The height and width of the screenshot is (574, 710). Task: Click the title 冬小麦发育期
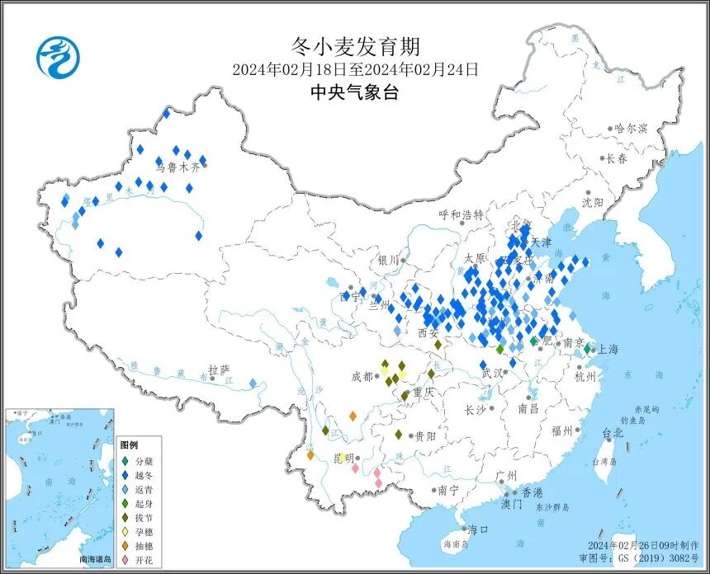tap(355, 45)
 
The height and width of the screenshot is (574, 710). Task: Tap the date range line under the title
tap(355, 69)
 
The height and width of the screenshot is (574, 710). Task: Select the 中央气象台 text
tap(355, 92)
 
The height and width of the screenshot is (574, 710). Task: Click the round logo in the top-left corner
tap(58, 59)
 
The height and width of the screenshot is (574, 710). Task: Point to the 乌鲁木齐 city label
tap(178, 166)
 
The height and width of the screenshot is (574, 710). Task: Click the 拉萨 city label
tap(218, 370)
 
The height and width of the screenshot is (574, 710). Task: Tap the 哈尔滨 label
tap(631, 129)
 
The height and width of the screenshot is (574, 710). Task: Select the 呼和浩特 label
tap(461, 214)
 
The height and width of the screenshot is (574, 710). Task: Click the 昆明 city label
tap(342, 458)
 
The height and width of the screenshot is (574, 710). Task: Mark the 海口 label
tap(479, 529)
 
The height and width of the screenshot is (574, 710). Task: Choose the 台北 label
tap(612, 432)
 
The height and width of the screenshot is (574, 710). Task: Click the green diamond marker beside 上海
tap(587, 350)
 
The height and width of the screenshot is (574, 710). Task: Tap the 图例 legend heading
tap(129, 444)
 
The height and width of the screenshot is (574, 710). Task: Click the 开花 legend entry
tap(145, 560)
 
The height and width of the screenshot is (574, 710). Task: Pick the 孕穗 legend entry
tap(145, 531)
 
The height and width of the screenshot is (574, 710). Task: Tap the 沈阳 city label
tap(592, 202)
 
